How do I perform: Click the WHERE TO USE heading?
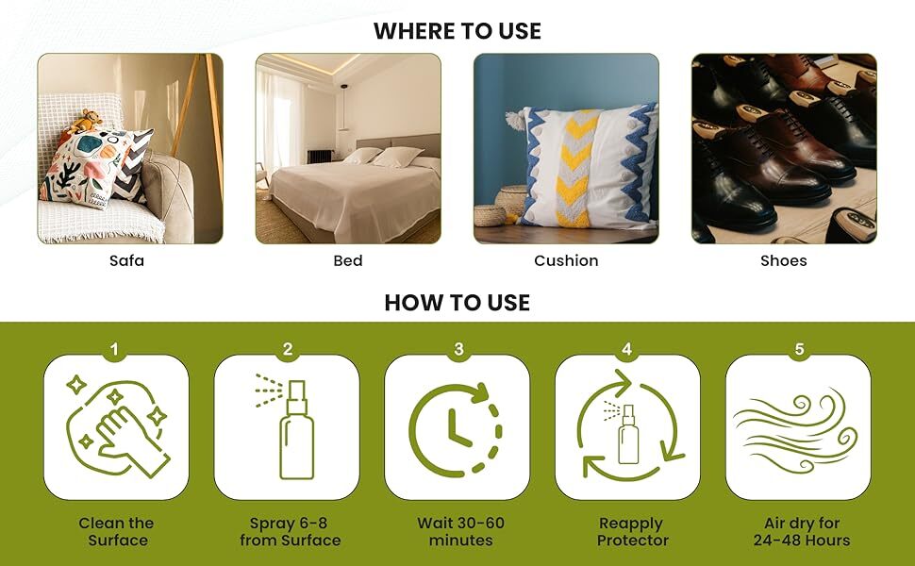coord(457,30)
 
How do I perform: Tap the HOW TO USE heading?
coord(457,303)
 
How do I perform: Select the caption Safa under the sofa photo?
coord(126,260)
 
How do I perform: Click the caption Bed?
coord(348,260)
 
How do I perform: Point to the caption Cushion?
coord(566,260)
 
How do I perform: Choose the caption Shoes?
coord(784,260)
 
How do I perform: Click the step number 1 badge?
coord(115,350)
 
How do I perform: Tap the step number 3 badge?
coord(458,350)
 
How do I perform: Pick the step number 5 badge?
coord(799,350)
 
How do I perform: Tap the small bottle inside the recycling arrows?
coord(627,435)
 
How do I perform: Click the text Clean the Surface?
coord(117,532)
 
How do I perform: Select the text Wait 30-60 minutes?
coord(460,532)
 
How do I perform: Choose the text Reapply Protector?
coord(632,532)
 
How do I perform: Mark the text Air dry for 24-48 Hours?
coord(801,532)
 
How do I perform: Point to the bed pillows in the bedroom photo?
coord(381,157)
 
